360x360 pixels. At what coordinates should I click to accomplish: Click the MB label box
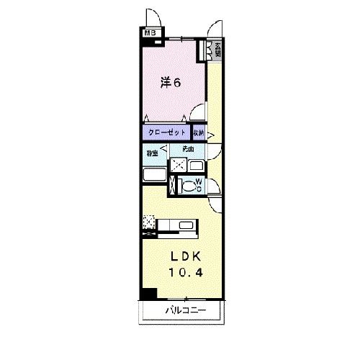point(149,32)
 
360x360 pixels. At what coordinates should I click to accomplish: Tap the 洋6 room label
point(170,82)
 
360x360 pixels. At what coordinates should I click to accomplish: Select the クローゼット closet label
point(167,133)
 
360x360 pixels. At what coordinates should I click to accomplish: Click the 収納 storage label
point(199,133)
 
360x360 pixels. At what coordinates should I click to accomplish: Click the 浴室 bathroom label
point(152,153)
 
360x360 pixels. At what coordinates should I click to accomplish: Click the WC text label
point(199,186)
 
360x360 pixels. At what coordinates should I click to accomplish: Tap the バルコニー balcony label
point(185,311)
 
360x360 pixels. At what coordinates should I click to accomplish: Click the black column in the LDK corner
point(149,293)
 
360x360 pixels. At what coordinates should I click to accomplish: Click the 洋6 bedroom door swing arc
point(195,114)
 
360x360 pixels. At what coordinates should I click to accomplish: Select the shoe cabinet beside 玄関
point(210,50)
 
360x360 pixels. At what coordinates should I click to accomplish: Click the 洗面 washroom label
point(188,149)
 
